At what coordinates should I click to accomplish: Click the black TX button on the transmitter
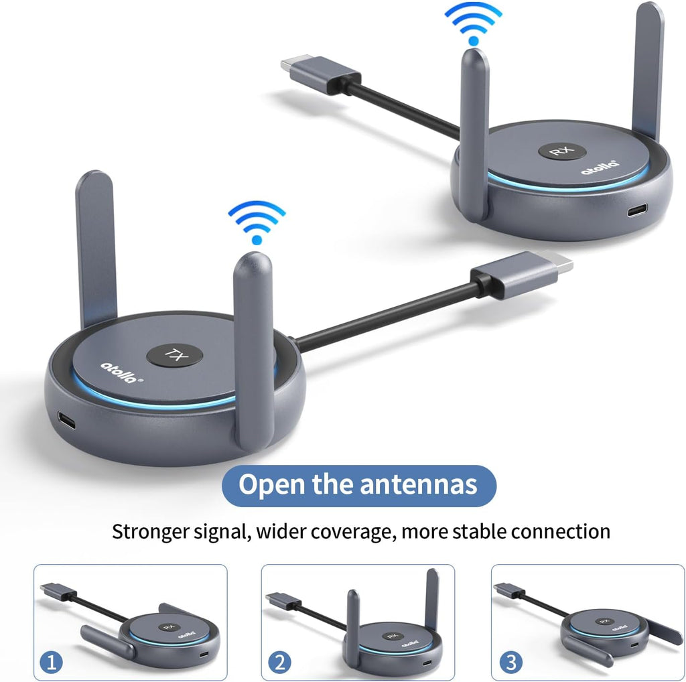pyautogui.click(x=175, y=355)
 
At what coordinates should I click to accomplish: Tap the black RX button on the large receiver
pyautogui.click(x=562, y=151)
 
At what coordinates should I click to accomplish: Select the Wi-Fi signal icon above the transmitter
pyautogui.click(x=257, y=222)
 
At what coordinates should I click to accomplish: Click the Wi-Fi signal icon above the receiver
pyautogui.click(x=474, y=24)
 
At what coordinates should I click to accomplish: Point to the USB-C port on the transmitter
pyautogui.click(x=66, y=421)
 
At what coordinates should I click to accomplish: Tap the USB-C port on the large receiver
pyautogui.click(x=637, y=210)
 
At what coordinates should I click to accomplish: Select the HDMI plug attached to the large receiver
pyautogui.click(x=321, y=74)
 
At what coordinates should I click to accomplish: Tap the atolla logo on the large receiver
pyautogui.click(x=600, y=167)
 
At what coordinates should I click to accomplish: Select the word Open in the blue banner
pyautogui.click(x=271, y=486)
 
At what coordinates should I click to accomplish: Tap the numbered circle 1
pyautogui.click(x=51, y=663)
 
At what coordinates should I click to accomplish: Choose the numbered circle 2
pyautogui.click(x=279, y=663)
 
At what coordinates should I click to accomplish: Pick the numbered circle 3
pyautogui.click(x=510, y=663)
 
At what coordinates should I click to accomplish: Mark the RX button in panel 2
pyautogui.click(x=393, y=636)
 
